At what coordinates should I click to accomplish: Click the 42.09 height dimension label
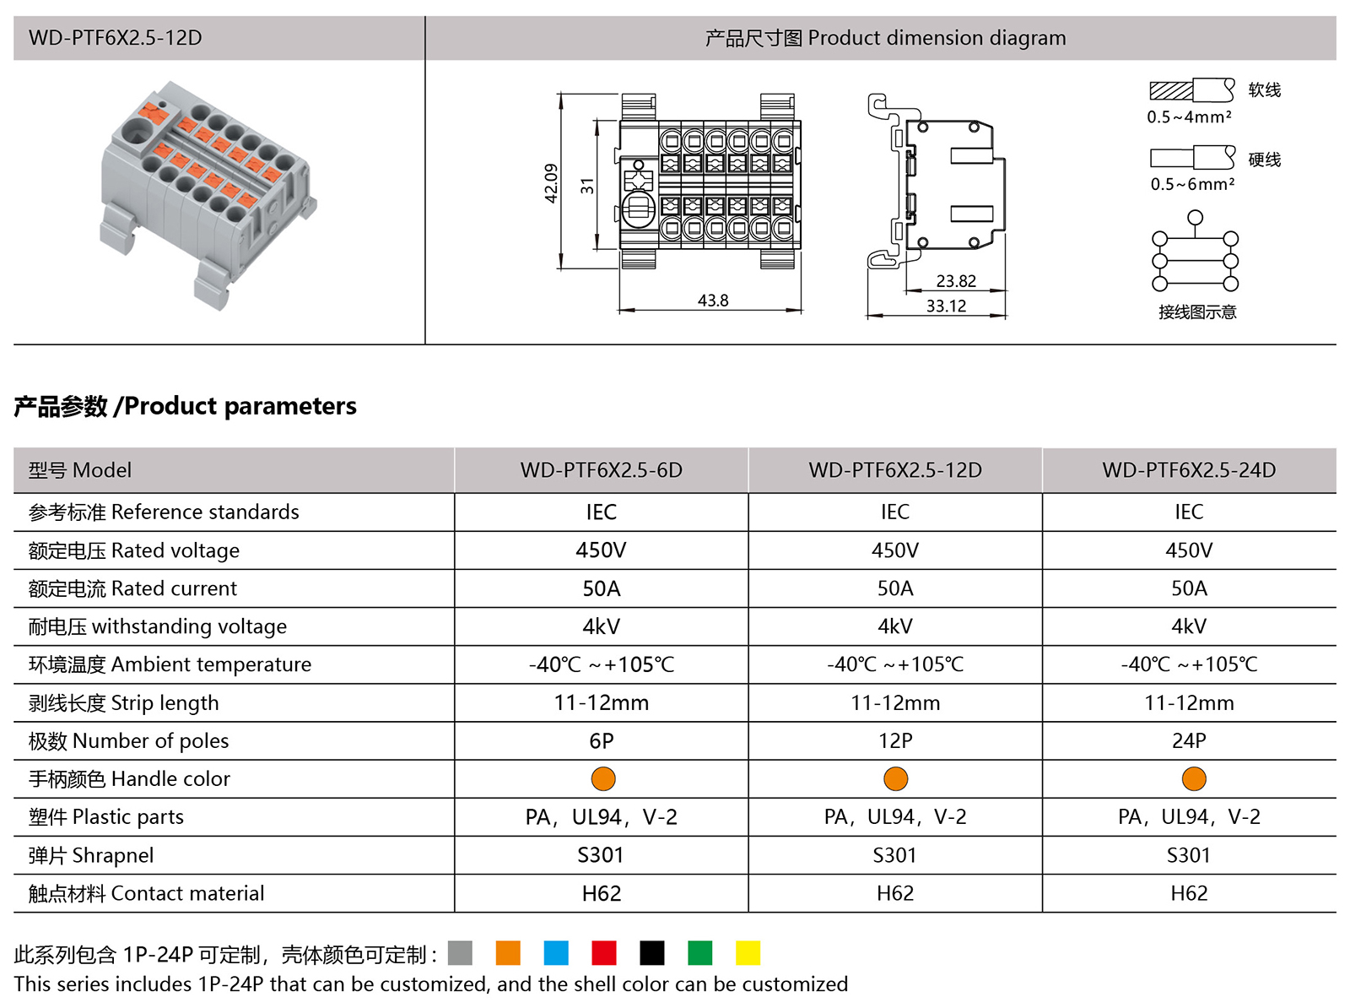pos(551,182)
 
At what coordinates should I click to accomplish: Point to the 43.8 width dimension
pos(713,301)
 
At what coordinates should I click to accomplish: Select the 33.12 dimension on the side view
pos(946,306)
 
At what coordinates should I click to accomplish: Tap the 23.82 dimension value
pos(956,281)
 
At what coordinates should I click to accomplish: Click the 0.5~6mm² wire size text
pos(1192,184)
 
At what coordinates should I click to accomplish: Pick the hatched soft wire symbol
pos(1171,90)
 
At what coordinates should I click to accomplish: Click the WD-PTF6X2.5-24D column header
pos(1189,470)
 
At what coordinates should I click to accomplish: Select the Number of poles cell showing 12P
pos(895,741)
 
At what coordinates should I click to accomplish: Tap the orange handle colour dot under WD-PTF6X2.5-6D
pos(603,778)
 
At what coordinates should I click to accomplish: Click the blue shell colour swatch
pos(556,953)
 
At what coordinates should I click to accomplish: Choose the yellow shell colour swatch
pos(748,953)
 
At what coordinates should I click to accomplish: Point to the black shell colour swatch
pos(652,953)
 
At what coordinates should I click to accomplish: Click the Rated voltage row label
pos(134,550)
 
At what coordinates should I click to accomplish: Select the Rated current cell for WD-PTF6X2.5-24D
pos(1189,588)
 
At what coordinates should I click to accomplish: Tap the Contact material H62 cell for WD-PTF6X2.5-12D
pos(895,893)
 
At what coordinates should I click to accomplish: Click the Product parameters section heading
pos(186,406)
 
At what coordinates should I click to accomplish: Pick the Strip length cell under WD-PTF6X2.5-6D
pos(602,703)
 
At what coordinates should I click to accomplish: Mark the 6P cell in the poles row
pos(602,741)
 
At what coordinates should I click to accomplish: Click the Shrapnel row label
pos(91,855)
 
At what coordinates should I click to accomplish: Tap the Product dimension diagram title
pos(885,38)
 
